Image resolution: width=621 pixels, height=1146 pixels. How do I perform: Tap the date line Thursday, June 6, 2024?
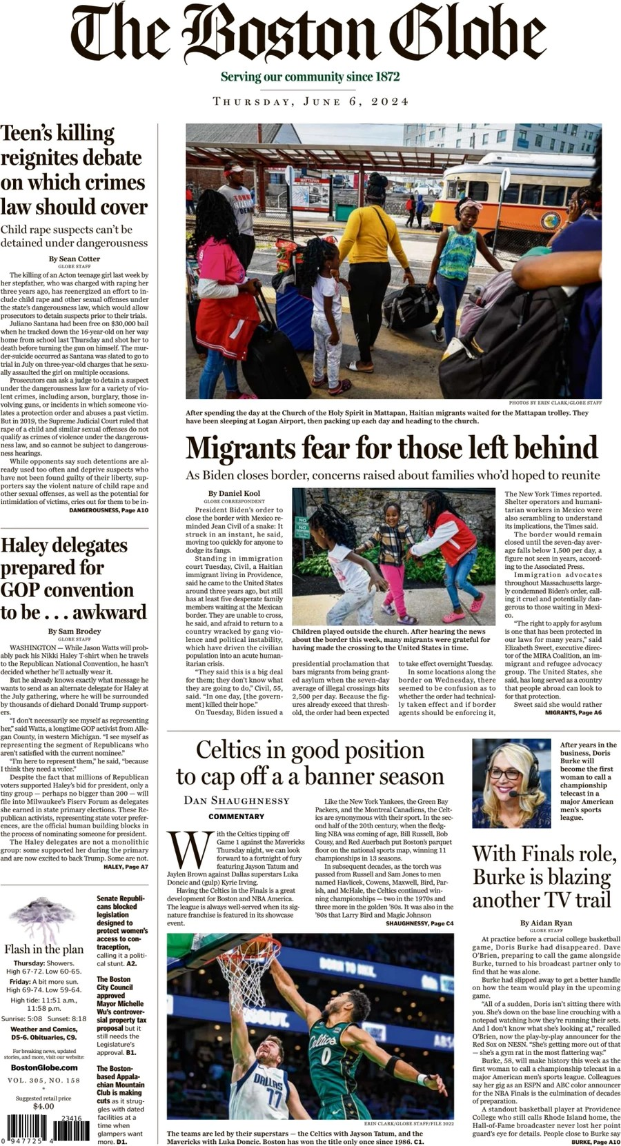click(x=310, y=101)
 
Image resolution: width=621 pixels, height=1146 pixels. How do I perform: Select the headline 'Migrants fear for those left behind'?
click(x=391, y=448)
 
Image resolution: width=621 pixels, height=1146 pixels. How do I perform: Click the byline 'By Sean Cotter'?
click(x=75, y=259)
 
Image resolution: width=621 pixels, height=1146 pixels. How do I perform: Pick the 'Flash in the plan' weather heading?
click(x=44, y=949)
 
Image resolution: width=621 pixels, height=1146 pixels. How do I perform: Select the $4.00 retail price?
click(x=43, y=1106)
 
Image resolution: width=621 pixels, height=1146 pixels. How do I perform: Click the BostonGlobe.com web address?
click(x=44, y=1067)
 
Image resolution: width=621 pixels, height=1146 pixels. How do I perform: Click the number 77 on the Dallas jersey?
click(x=274, y=1096)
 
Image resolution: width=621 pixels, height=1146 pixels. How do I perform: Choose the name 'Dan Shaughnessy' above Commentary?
click(x=237, y=800)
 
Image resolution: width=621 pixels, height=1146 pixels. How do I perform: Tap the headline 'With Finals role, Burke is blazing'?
click(x=543, y=876)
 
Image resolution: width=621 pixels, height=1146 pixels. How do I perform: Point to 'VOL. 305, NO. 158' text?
click(x=44, y=1080)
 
